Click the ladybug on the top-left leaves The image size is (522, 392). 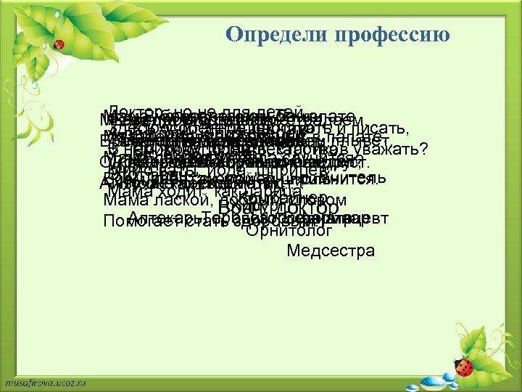[x=59, y=45]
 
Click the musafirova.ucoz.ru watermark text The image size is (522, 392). [x=46, y=381]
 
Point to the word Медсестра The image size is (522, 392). [x=331, y=251]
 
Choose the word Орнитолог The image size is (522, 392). [x=289, y=232]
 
